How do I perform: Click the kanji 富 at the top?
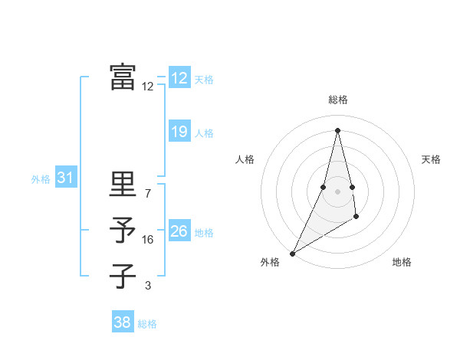pos(123,77)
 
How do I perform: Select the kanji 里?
pos(123,184)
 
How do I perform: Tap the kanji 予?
pos(123,231)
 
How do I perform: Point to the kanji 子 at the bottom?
pos(123,276)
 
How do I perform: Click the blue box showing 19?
pos(179,132)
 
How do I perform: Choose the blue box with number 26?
pos(179,231)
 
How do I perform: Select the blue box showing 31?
pos(66,178)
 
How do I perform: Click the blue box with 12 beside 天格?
pos(179,78)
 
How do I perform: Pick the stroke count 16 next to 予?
pos(148,240)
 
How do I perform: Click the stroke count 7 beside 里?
pos(148,193)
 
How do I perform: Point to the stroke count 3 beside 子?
pos(148,286)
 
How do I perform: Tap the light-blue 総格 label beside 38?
pos(147,324)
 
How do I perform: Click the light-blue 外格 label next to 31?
pos(41,180)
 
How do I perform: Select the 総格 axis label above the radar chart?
pos(337,100)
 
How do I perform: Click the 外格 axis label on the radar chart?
pos(270,262)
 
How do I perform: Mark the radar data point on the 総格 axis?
pos(337,129)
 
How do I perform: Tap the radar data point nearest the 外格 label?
pos(293,253)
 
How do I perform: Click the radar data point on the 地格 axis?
pos(356,218)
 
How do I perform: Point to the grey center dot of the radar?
pos(337,191)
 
